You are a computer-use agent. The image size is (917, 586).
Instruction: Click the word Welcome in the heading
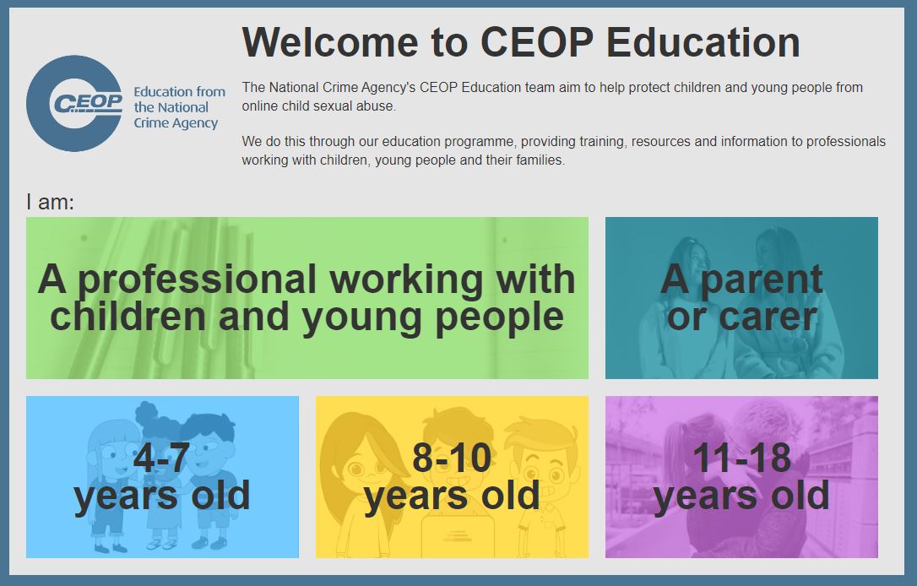[330, 42]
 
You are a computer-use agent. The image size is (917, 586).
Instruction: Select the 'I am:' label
[51, 203]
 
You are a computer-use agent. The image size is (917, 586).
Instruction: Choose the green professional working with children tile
[307, 298]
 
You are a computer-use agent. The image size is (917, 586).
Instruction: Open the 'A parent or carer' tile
[741, 298]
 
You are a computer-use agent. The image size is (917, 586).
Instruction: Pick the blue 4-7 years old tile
[163, 476]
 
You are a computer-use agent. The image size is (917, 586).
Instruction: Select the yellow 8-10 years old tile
[452, 476]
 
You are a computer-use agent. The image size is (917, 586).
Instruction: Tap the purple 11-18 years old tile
[741, 476]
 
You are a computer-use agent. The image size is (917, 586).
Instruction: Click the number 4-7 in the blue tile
[161, 458]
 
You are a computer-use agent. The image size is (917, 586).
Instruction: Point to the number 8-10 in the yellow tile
[452, 458]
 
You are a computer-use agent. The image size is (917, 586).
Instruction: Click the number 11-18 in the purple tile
[741, 458]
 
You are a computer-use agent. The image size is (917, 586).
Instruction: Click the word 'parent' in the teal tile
[762, 280]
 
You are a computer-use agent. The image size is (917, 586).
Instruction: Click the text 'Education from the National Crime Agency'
[179, 107]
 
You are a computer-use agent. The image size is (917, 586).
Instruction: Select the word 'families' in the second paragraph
[540, 160]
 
